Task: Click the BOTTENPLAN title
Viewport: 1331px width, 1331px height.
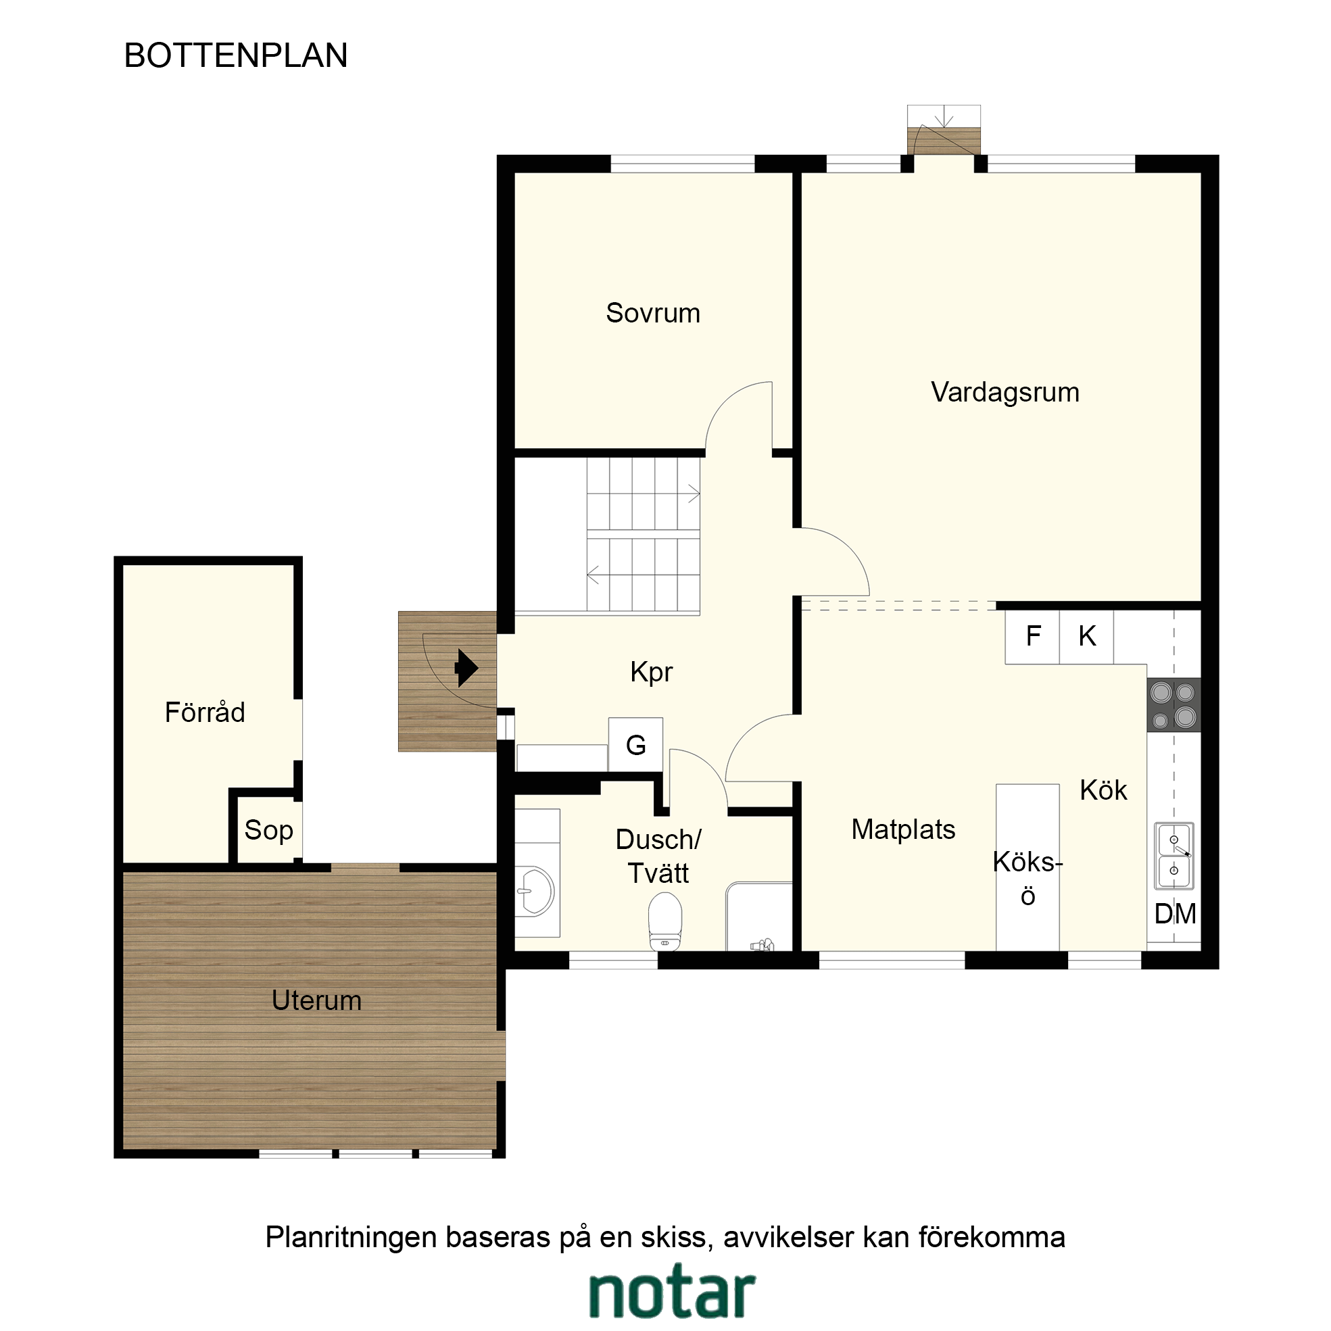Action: (x=236, y=56)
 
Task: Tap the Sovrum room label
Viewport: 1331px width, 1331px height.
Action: (x=652, y=313)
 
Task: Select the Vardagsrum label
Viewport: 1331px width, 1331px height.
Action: (x=1005, y=393)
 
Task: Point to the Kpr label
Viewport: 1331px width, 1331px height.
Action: (x=651, y=672)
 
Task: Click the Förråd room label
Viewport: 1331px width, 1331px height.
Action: (x=205, y=712)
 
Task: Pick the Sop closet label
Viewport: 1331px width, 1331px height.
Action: (x=268, y=831)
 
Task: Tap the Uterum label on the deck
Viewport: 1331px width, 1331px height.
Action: (x=316, y=1000)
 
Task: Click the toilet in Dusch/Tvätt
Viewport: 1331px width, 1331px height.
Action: (x=664, y=921)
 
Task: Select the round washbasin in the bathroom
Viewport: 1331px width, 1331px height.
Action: (x=535, y=892)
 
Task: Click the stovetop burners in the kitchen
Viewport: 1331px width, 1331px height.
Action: (x=1174, y=705)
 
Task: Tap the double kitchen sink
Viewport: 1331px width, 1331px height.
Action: (x=1174, y=856)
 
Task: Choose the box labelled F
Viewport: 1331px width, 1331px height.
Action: (x=1032, y=637)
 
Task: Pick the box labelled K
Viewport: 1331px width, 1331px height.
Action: (x=1086, y=637)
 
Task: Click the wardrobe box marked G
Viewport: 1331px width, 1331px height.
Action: (x=635, y=745)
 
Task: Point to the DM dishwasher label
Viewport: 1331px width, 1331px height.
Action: (x=1176, y=914)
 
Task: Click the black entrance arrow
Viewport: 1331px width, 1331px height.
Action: (x=466, y=668)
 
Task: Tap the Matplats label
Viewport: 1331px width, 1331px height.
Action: (x=903, y=829)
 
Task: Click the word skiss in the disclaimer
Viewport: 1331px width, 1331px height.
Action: (x=674, y=1237)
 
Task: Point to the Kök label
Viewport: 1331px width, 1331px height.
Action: (x=1104, y=790)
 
